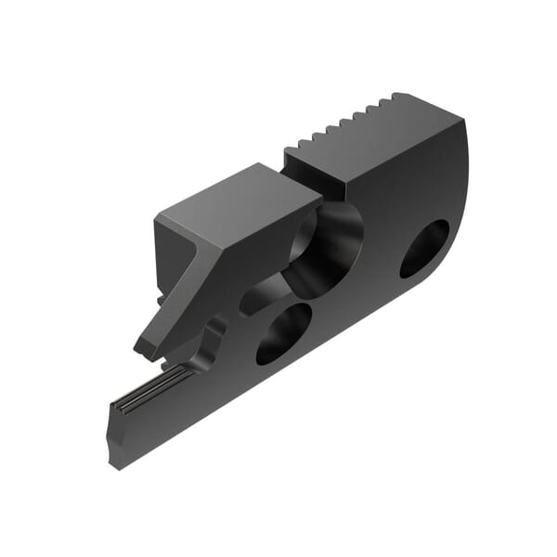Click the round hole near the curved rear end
click(424, 248)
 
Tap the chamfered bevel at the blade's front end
click(114, 436)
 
